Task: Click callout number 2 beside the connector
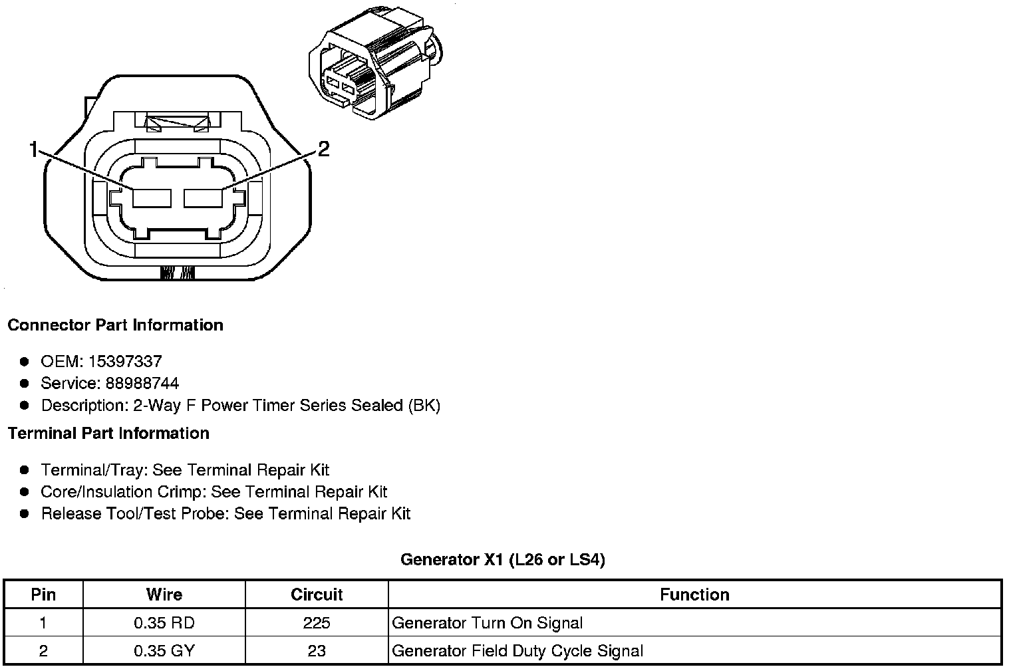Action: [323, 149]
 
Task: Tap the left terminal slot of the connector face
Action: [152, 198]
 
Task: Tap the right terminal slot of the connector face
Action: [204, 198]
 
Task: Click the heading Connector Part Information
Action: [115, 325]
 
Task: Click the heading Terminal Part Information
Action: [108, 434]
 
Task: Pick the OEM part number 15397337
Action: [124, 362]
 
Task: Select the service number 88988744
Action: [142, 384]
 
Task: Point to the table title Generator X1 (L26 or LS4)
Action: [503, 560]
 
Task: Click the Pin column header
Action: [43, 595]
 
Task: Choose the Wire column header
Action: [164, 595]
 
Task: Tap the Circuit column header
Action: [317, 595]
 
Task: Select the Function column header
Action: [694, 595]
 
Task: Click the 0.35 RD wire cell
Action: [164, 623]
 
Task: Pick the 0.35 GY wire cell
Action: [164, 650]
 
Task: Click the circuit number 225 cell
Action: [317, 623]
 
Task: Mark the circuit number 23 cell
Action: [317, 650]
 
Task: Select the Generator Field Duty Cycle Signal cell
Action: [517, 650]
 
